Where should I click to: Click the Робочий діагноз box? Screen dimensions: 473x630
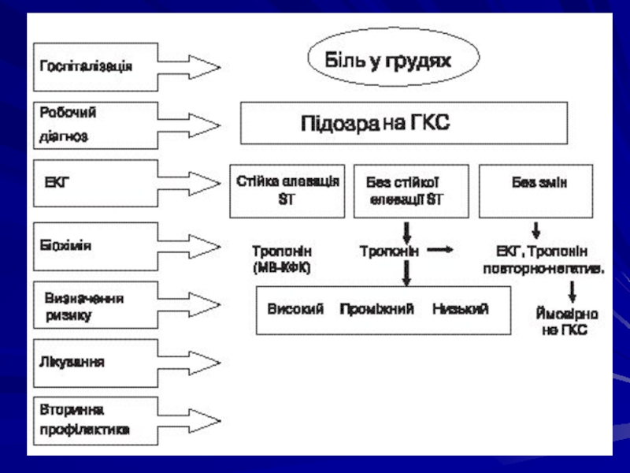pyautogui.click(x=96, y=125)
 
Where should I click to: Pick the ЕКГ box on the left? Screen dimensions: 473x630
pyautogui.click(x=96, y=183)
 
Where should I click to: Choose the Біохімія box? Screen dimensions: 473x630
pyautogui.click(x=96, y=245)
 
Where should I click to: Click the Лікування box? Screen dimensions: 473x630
pyautogui.click(x=96, y=363)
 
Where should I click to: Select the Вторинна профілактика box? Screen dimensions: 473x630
pyautogui.click(x=96, y=420)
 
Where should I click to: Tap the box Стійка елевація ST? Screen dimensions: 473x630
pyautogui.click(x=287, y=191)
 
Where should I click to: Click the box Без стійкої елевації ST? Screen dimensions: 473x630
pyautogui.click(x=411, y=191)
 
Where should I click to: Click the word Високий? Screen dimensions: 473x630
pyautogui.click(x=295, y=309)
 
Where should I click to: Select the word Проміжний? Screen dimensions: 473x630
pyautogui.click(x=376, y=309)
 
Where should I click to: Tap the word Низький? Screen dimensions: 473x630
pyautogui.click(x=461, y=309)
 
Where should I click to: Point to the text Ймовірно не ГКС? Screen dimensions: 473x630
pyautogui.click(x=565, y=322)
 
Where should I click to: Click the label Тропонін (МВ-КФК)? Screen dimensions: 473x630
pyautogui.click(x=282, y=259)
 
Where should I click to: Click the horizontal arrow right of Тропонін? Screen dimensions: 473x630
pyautogui.click(x=442, y=251)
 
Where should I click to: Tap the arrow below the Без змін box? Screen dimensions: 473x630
pyautogui.click(x=536, y=231)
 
